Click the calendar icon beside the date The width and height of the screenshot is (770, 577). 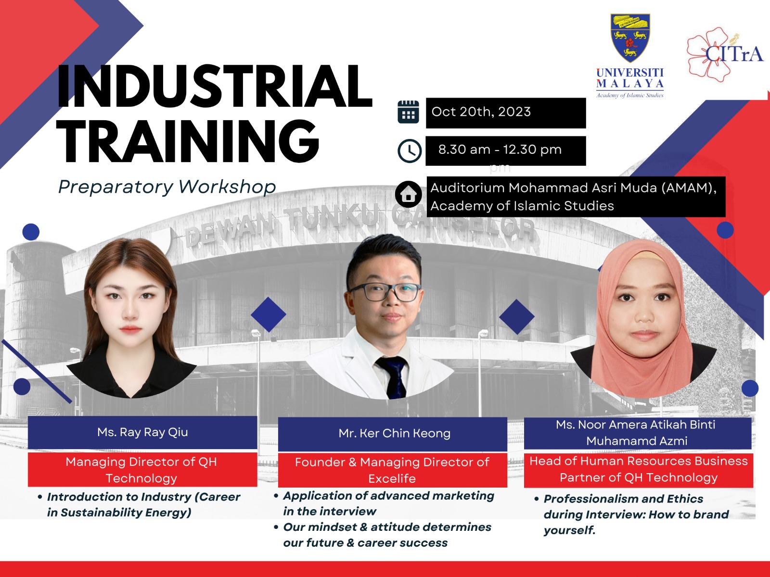[x=408, y=112]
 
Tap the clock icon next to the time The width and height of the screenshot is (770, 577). [x=410, y=151]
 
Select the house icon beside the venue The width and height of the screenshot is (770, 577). [x=408, y=194]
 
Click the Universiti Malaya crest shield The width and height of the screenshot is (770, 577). [x=630, y=38]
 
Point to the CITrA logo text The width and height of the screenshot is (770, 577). [x=734, y=54]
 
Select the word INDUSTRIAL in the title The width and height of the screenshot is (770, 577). [x=214, y=86]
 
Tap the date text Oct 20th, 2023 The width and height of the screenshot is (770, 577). [x=481, y=112]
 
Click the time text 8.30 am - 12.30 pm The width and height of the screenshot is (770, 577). [x=500, y=150]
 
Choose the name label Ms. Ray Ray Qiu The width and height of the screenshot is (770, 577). [x=142, y=432]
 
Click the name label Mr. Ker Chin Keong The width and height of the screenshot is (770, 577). [x=394, y=433]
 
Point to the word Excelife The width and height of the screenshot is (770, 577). [x=392, y=478]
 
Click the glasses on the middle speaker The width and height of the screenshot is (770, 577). [x=385, y=292]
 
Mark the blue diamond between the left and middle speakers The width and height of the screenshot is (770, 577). [x=269, y=314]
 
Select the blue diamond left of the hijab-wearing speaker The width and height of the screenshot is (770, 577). [x=517, y=317]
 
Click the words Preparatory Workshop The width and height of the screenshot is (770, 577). [x=167, y=187]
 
